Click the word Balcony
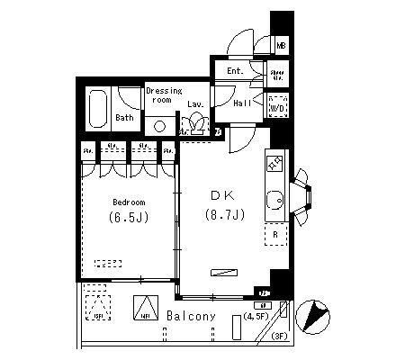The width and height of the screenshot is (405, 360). (191, 317)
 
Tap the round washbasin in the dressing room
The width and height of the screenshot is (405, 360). (159, 126)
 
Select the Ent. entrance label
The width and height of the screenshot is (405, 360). (235, 71)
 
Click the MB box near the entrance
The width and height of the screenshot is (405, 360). (281, 45)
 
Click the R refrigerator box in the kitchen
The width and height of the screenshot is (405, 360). (274, 235)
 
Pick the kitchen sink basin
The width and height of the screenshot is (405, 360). (274, 200)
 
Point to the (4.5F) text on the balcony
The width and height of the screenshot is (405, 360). (256, 317)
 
